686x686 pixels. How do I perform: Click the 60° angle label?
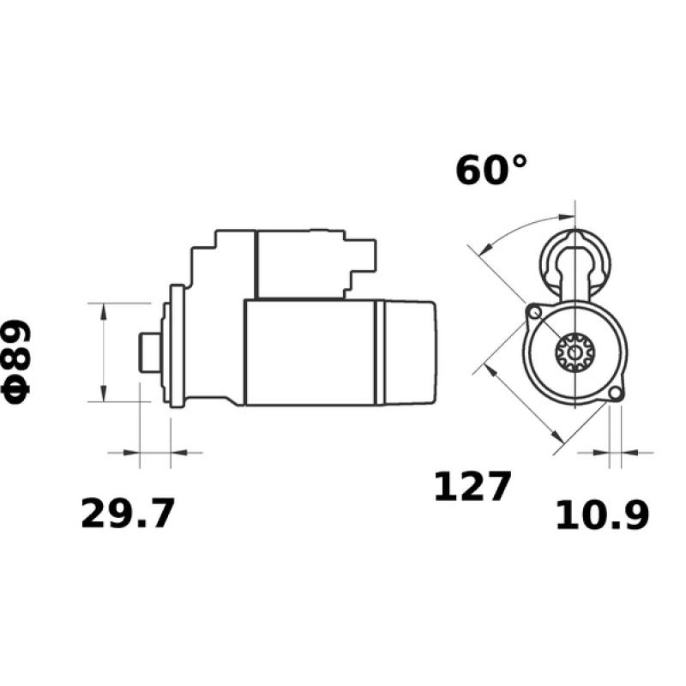pyautogui.click(x=491, y=170)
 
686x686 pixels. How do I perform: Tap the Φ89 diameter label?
pyautogui.click(x=17, y=361)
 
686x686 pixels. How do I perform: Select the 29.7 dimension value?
pyautogui.click(x=128, y=514)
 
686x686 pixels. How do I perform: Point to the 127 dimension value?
pyautogui.click(x=472, y=486)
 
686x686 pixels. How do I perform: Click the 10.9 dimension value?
pyautogui.click(x=602, y=514)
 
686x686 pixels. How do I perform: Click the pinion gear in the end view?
pyautogui.click(x=569, y=352)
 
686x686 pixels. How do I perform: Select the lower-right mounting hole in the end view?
pyautogui.click(x=613, y=394)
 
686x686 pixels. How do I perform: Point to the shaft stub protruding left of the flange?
pyautogui.click(x=147, y=352)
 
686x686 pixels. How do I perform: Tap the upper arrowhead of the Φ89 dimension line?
pyautogui.click(x=104, y=310)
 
